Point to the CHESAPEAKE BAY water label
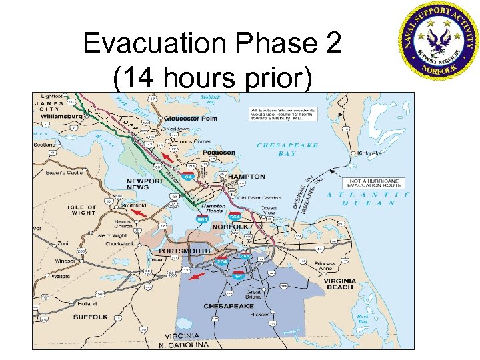[x=287, y=149]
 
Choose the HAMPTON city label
[x=247, y=177]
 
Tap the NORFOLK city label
[x=230, y=227]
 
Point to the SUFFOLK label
[x=90, y=317]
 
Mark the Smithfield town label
[x=133, y=206]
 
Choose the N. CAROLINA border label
[x=183, y=345]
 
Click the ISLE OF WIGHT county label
[x=82, y=211]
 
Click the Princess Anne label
[x=324, y=267]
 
